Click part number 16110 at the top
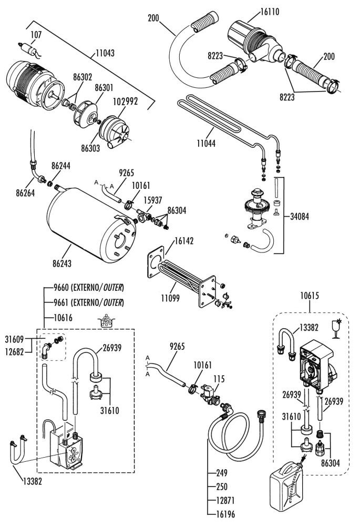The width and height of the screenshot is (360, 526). tap(270, 12)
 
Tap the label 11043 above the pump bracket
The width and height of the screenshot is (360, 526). tap(105, 53)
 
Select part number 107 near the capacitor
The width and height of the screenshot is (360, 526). tap(36, 35)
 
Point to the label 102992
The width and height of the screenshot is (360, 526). tap(126, 102)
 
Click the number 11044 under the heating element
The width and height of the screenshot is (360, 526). tap(206, 143)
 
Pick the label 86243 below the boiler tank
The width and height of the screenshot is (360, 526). tap(62, 264)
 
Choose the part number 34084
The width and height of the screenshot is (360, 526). tap(300, 216)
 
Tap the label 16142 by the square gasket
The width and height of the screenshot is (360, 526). tap(184, 241)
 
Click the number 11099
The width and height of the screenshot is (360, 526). tap(170, 298)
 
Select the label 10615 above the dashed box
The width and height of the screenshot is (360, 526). tap(310, 296)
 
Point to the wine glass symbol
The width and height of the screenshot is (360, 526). tap(336, 329)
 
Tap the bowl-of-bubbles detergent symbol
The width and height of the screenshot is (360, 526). tap(106, 321)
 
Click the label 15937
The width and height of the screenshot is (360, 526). tap(152, 200)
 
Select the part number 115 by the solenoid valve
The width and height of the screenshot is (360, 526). tap(219, 379)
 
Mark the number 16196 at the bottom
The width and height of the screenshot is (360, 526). tap(225, 514)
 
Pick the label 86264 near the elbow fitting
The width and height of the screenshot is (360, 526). tap(25, 193)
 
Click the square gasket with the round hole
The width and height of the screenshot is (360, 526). tap(156, 262)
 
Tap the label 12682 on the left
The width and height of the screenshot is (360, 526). tap(14, 352)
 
